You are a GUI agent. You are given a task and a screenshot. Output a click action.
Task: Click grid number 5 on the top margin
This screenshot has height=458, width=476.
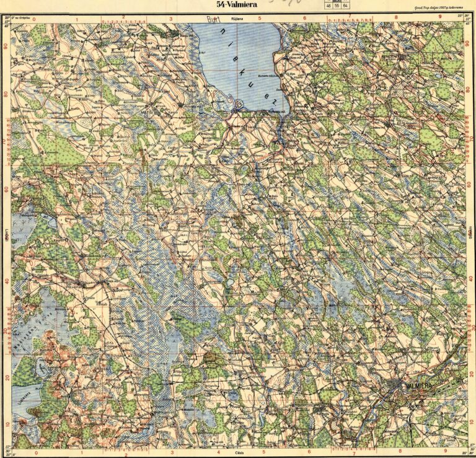tap(261, 19)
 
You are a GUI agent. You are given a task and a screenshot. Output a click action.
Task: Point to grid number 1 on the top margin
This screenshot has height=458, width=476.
tap(76, 19)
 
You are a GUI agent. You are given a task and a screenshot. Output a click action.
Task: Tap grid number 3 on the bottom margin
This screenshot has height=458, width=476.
tap(170, 452)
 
